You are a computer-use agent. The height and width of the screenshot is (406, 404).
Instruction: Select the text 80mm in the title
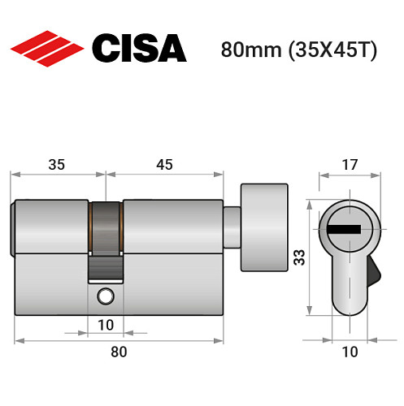pyautogui.click(x=247, y=50)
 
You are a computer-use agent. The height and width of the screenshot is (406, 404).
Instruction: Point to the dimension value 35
pyautogui.click(x=57, y=165)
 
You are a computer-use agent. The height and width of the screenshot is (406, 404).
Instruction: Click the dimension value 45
pyautogui.click(x=164, y=165)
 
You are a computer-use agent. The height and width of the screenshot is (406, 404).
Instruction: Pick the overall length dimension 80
pyautogui.click(x=119, y=352)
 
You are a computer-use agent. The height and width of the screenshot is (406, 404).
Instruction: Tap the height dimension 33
pyautogui.click(x=298, y=258)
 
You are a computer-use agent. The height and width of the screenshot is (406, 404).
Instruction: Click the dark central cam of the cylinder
pyautogui.click(x=106, y=235)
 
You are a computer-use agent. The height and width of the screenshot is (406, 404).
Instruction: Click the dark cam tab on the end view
pyautogui.click(x=375, y=270)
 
